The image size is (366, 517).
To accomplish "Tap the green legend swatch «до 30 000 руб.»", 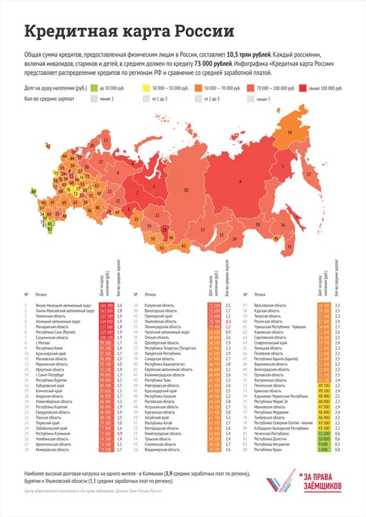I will point(94,88).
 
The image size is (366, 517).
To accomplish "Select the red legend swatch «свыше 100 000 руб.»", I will point(303,88).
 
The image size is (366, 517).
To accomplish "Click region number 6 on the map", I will point(239,181).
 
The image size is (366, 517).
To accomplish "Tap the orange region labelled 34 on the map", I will point(289,133).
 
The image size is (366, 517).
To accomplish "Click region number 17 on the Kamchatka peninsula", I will point(309,174).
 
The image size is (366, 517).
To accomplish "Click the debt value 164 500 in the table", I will point(106,305).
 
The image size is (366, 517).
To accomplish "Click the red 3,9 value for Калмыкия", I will point(120,433).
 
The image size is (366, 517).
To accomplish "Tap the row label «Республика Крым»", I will point(271,450).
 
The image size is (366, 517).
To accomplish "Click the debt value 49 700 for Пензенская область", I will point(324,385).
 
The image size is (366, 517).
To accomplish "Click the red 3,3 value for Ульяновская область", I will point(228,321).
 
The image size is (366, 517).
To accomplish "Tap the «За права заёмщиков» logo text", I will point(323,480).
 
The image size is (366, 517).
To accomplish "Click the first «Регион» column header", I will point(42,295).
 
